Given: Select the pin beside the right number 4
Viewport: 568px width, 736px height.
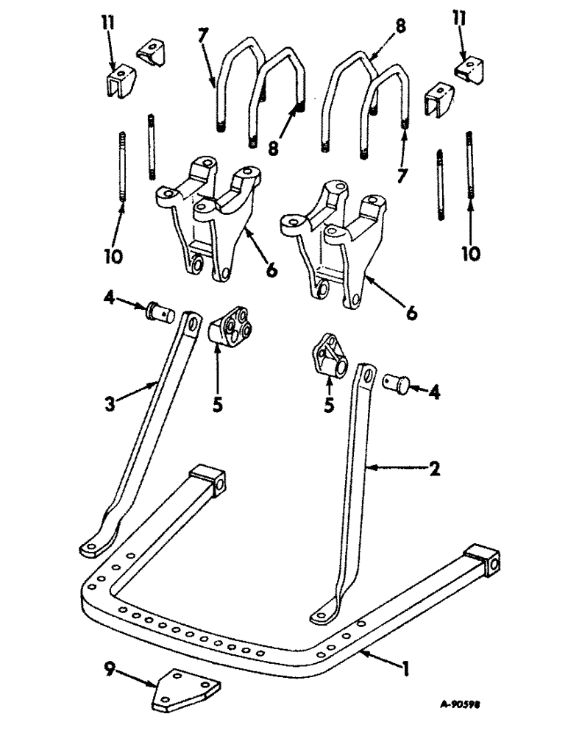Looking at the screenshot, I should tap(397, 383).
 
